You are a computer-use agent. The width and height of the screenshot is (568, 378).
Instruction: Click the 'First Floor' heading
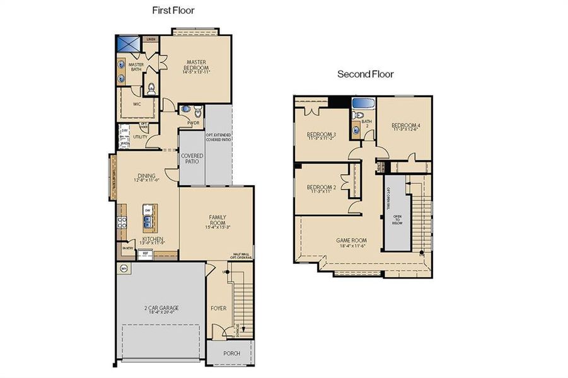click(173, 10)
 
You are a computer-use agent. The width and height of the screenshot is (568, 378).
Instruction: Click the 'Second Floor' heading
click(365, 74)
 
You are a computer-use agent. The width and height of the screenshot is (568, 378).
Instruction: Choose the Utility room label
click(140, 137)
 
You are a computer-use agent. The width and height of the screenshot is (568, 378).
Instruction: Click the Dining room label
click(146, 177)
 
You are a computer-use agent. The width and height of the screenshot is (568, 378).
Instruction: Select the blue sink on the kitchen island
click(147, 220)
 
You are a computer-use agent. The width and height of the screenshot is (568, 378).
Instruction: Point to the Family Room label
click(217, 220)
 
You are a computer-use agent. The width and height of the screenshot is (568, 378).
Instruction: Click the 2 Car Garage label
click(160, 308)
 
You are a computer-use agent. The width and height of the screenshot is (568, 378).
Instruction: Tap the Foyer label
click(217, 309)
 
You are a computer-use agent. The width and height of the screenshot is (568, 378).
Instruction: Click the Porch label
click(231, 353)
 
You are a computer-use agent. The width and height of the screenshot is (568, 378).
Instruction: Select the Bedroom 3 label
click(321, 135)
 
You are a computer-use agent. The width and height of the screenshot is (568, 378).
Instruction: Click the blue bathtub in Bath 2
click(362, 103)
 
